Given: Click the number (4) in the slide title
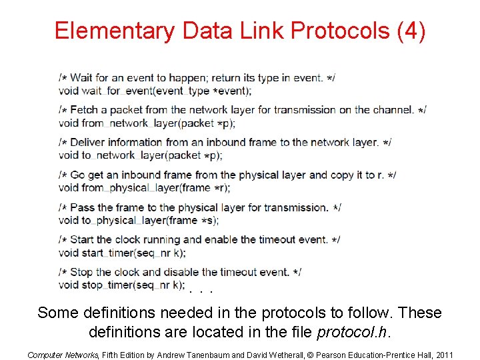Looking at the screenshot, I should [x=411, y=31].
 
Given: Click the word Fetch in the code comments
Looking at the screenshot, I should [x=84, y=110].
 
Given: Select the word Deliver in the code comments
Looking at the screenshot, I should [x=88, y=142].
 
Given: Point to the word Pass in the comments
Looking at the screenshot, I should [x=82, y=207].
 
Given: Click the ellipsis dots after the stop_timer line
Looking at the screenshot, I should [x=201, y=291].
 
